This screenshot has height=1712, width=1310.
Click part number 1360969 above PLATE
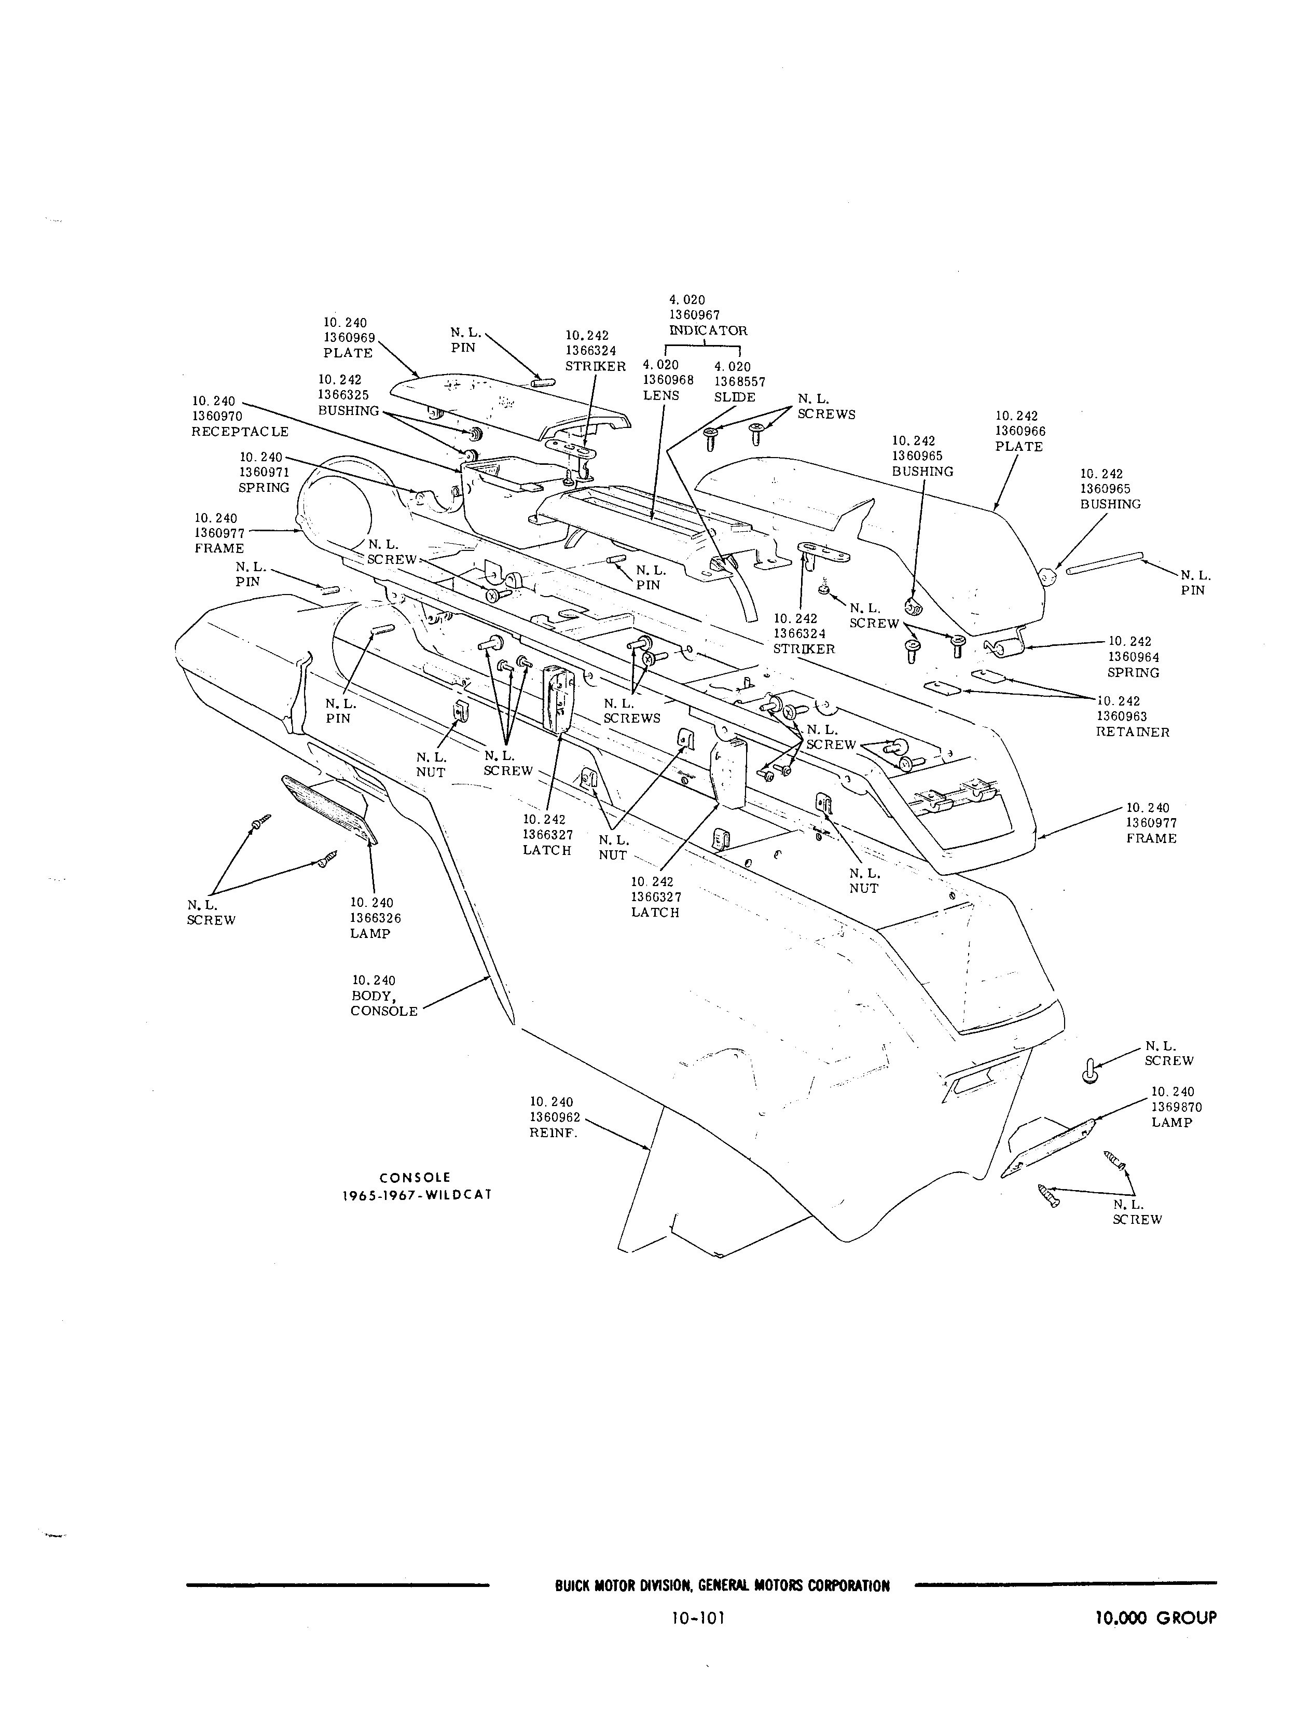(x=349, y=338)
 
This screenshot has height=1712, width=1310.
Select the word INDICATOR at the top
(x=708, y=330)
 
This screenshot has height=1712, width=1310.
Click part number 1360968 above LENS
(x=668, y=380)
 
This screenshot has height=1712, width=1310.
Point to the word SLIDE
(x=735, y=397)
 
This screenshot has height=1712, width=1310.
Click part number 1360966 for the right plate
(x=1020, y=431)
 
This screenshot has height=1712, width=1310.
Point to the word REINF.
(x=554, y=1134)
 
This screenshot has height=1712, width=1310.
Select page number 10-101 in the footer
(x=698, y=1619)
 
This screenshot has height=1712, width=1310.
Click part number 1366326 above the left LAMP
(x=375, y=918)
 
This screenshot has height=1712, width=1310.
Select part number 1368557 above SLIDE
(x=739, y=382)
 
